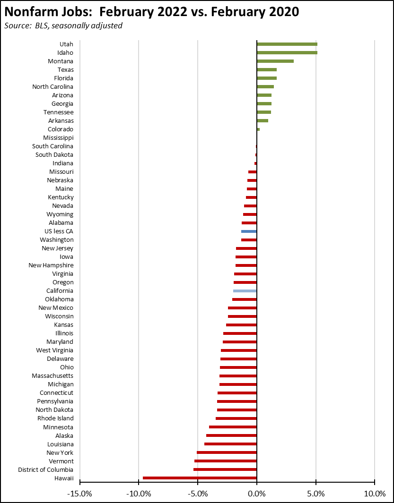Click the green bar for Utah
click(287, 44)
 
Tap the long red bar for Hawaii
click(200, 478)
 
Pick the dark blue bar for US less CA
click(249, 231)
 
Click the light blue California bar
click(245, 291)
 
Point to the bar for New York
click(227, 452)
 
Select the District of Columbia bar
click(225, 469)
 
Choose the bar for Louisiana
click(230, 444)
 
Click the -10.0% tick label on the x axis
click(138, 494)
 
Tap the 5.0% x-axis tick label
click(315, 494)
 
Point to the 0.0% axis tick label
click(256, 494)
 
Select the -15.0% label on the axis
click(79, 494)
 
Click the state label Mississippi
click(58, 138)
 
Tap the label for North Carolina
click(53, 87)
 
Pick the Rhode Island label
click(55, 418)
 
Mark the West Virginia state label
click(54, 350)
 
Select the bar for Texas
click(266, 69)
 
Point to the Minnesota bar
click(233, 427)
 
